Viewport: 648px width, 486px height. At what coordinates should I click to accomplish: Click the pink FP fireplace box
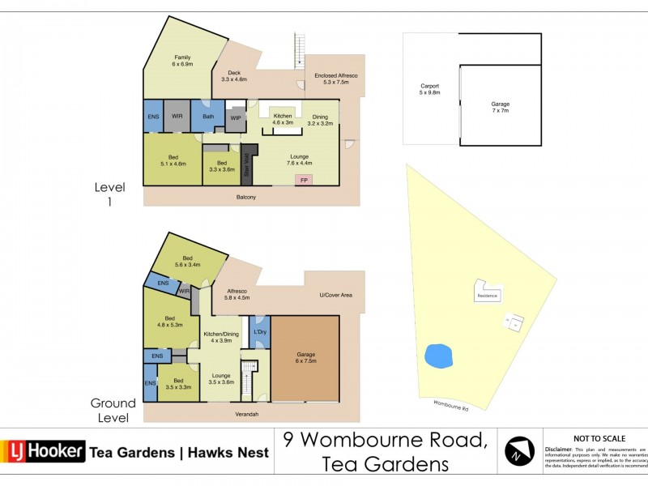304,179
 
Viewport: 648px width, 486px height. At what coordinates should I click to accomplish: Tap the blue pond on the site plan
437,354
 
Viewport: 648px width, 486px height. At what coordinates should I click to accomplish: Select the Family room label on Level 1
181,60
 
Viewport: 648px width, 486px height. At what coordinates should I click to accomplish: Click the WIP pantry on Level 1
235,118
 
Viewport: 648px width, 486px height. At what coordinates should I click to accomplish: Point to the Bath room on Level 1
207,116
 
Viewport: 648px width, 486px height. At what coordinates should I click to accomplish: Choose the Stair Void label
245,164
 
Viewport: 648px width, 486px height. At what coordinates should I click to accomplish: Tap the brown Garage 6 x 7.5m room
305,359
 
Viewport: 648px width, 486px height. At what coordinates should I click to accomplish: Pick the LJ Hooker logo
44,451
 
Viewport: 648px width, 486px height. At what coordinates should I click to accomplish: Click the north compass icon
519,451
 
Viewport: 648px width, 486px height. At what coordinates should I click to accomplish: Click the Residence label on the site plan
487,296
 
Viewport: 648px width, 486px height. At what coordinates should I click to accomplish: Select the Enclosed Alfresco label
335,78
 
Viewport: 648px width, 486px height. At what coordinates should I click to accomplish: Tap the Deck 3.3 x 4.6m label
234,76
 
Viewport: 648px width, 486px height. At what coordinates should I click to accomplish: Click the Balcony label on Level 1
246,197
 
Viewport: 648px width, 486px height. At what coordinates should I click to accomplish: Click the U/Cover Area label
336,295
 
